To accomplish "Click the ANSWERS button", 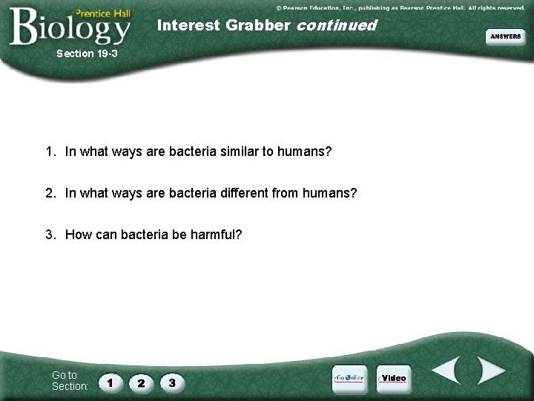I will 505,36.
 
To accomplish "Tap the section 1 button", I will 111,383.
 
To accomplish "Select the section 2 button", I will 141,383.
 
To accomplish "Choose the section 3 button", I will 172,383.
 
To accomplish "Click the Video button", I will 392,378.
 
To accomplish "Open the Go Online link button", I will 349,377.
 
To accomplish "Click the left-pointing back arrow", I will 446,371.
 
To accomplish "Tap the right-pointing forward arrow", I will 489,371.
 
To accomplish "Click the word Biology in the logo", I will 70,28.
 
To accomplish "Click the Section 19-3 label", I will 87,53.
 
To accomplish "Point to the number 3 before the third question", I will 49,235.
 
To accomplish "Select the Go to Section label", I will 70,380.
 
